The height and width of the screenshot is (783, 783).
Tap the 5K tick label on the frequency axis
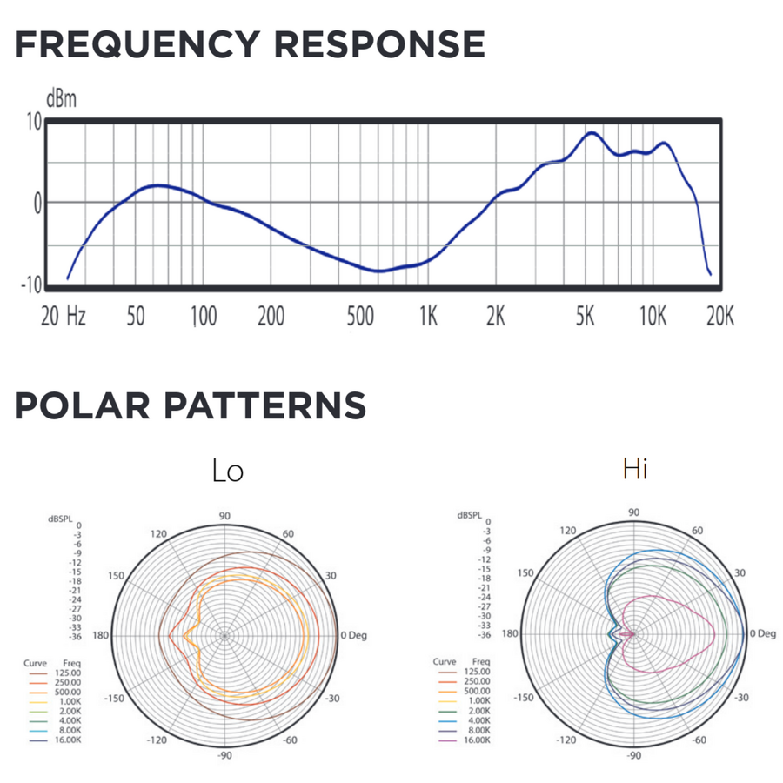click(585, 316)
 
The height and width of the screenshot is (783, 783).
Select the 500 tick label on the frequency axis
click(359, 316)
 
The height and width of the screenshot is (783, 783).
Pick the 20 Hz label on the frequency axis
click(64, 316)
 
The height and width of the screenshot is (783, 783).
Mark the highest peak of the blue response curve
click(592, 133)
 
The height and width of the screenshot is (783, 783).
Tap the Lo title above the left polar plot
click(228, 471)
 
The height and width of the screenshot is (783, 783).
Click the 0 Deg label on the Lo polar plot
click(353, 635)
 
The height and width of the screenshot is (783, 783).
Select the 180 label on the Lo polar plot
click(102, 635)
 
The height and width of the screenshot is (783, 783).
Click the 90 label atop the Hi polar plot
click(634, 512)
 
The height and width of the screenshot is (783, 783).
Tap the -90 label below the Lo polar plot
click(224, 756)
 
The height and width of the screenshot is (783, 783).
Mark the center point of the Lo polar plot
click(224, 636)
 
